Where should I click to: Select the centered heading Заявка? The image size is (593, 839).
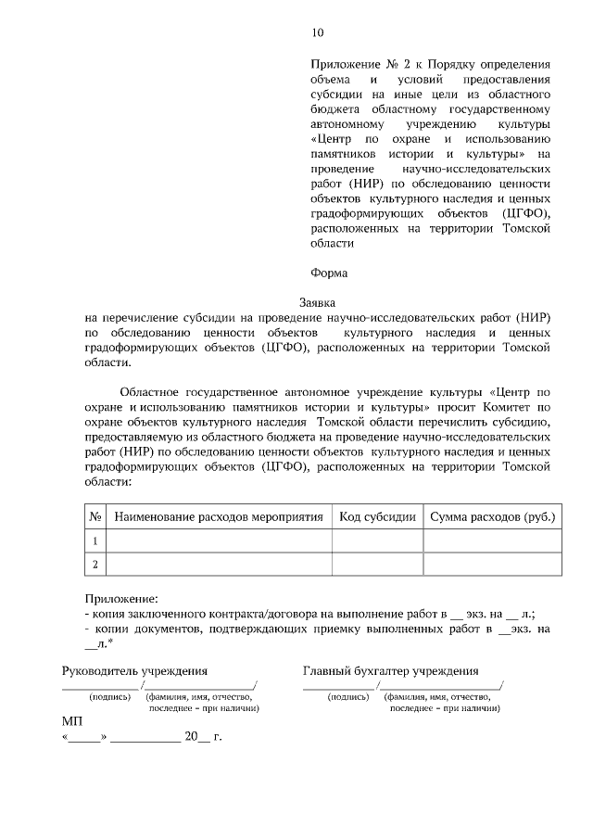click(x=318, y=301)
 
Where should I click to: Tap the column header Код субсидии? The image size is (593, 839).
click(x=377, y=515)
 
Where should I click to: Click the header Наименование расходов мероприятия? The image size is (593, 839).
click(x=220, y=515)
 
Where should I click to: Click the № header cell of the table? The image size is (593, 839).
click(x=95, y=515)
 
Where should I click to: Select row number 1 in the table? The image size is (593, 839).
click(x=95, y=540)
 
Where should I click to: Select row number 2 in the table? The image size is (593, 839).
click(x=95, y=564)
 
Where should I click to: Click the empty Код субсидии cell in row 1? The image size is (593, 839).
click(x=377, y=540)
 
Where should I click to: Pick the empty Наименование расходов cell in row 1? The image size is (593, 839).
click(x=220, y=540)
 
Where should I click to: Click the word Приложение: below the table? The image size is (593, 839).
click(x=121, y=599)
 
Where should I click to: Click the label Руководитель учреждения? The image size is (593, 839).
click(x=134, y=670)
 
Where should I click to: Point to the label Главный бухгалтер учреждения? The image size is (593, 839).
click(x=390, y=670)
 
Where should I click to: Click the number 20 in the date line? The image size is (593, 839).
click(x=191, y=738)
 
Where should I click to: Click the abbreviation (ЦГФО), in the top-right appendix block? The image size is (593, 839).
click(x=526, y=211)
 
